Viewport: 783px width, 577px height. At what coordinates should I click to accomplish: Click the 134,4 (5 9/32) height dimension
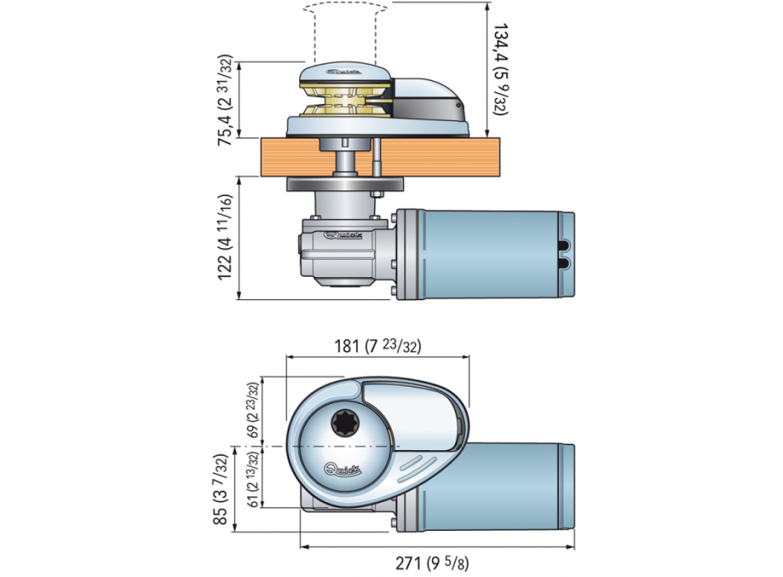(x=500, y=69)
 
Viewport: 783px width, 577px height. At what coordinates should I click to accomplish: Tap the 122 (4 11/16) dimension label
(x=224, y=238)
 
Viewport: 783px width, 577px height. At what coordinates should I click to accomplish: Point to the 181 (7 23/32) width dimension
(x=376, y=346)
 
